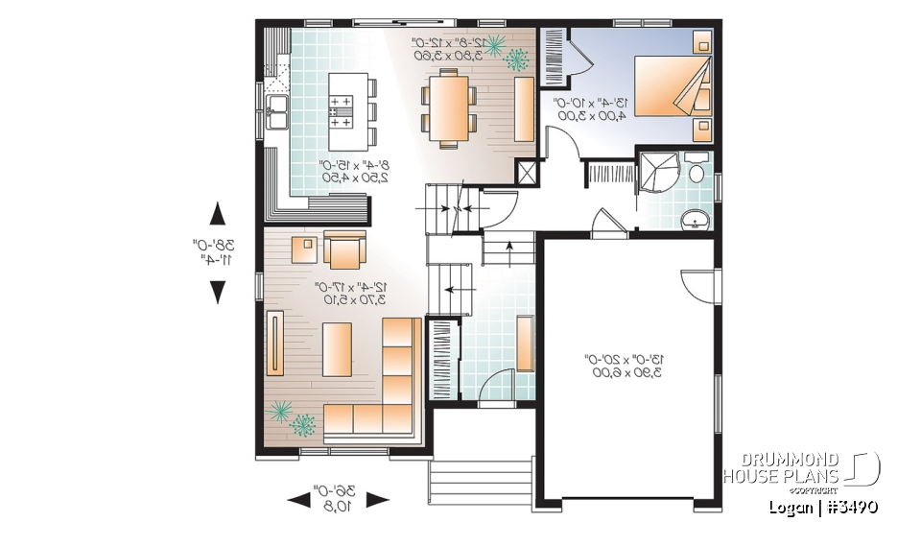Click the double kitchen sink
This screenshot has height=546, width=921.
point(277,112)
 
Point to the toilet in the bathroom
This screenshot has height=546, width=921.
point(697,173)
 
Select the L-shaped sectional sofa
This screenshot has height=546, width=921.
point(384,393)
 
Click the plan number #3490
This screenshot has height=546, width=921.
point(849,507)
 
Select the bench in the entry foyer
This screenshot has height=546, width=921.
point(525,343)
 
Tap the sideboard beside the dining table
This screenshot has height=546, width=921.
point(524,108)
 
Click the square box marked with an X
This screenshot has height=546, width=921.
point(526,173)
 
